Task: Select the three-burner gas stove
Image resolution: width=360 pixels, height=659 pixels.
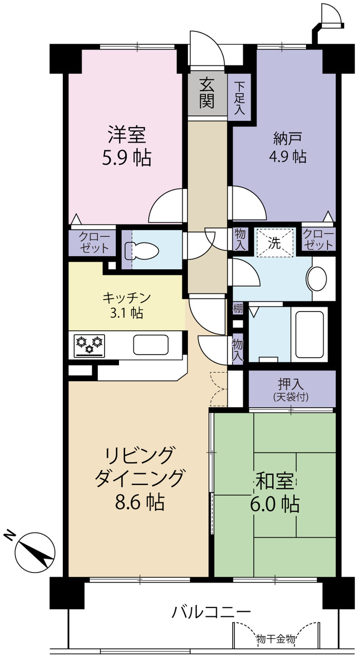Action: point(89,345)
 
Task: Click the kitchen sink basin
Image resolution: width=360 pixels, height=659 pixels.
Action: point(151,345)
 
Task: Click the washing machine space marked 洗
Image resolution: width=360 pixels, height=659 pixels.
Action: point(275,242)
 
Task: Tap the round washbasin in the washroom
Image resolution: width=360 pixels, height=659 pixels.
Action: point(317,279)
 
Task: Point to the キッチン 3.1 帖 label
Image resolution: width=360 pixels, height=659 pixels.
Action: point(127,305)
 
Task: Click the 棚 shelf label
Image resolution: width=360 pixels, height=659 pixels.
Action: point(238,308)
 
